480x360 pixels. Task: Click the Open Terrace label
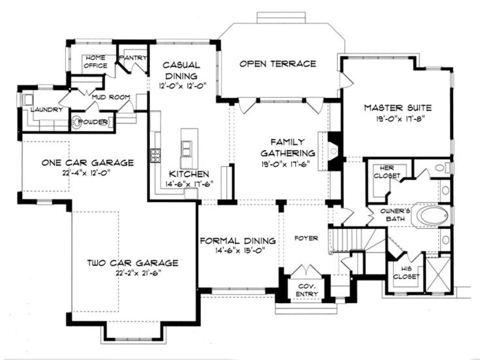point(278,64)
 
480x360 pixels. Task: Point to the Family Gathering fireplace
point(332,151)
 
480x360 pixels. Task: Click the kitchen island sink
point(186,148)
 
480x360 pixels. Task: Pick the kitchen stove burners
point(155,155)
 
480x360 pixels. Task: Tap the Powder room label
point(93,122)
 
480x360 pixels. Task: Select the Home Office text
point(96,61)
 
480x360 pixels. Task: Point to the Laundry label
point(46,110)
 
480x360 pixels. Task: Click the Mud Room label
point(111,97)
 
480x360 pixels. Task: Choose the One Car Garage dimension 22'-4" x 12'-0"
point(86,173)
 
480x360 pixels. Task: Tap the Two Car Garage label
point(133,263)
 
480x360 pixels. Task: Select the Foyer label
point(306,238)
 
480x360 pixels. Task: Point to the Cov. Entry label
point(307,290)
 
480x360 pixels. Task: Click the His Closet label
point(406,273)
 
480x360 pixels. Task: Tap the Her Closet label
point(387,172)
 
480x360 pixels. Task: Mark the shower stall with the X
point(438,275)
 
